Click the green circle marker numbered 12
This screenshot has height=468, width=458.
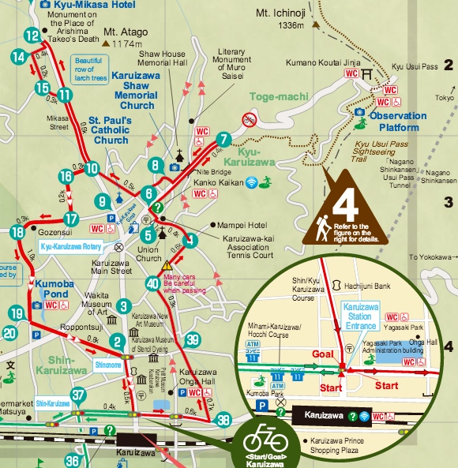(x=32, y=36)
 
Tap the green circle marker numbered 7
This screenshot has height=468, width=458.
(x=223, y=140)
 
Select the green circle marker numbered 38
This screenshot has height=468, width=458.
(x=224, y=419)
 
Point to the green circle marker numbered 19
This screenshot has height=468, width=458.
(x=17, y=314)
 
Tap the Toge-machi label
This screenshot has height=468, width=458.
(x=272, y=97)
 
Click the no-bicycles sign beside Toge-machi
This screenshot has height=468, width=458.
(x=248, y=120)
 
